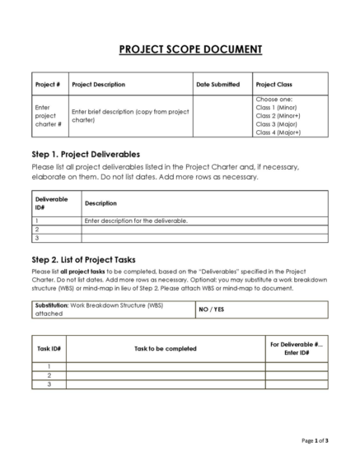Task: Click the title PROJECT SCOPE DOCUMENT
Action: coord(180,49)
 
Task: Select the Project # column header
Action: coord(48,84)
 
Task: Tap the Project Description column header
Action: coord(99,84)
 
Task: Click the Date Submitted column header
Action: coord(218,84)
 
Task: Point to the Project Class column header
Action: coord(274,84)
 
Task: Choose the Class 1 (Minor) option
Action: coord(276,107)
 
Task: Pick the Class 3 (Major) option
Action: coord(276,123)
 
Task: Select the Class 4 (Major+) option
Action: coord(278,132)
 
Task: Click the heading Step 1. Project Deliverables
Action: coord(86,154)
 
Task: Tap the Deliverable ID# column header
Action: coord(52,202)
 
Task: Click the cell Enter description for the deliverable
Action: coord(136,221)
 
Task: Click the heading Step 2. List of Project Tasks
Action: coord(89,259)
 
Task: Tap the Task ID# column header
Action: coord(49,348)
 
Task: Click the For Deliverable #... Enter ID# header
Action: coord(296,348)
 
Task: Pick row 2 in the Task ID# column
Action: coord(49,375)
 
